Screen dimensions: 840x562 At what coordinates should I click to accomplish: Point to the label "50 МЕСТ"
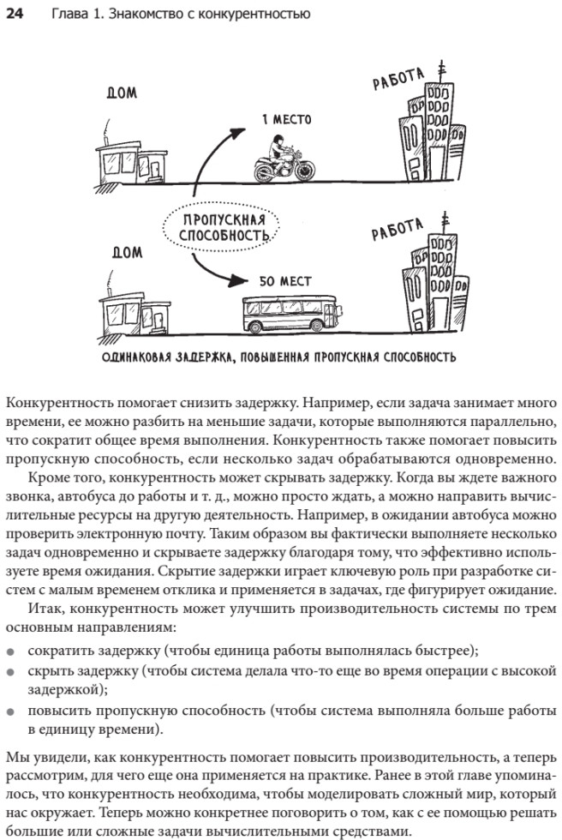click(x=286, y=280)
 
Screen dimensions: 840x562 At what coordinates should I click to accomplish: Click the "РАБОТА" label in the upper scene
click(x=399, y=80)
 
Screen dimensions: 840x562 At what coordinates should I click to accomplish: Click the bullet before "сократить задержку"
click(x=10, y=651)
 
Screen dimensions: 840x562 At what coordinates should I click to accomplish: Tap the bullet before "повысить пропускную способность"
click(x=10, y=711)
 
